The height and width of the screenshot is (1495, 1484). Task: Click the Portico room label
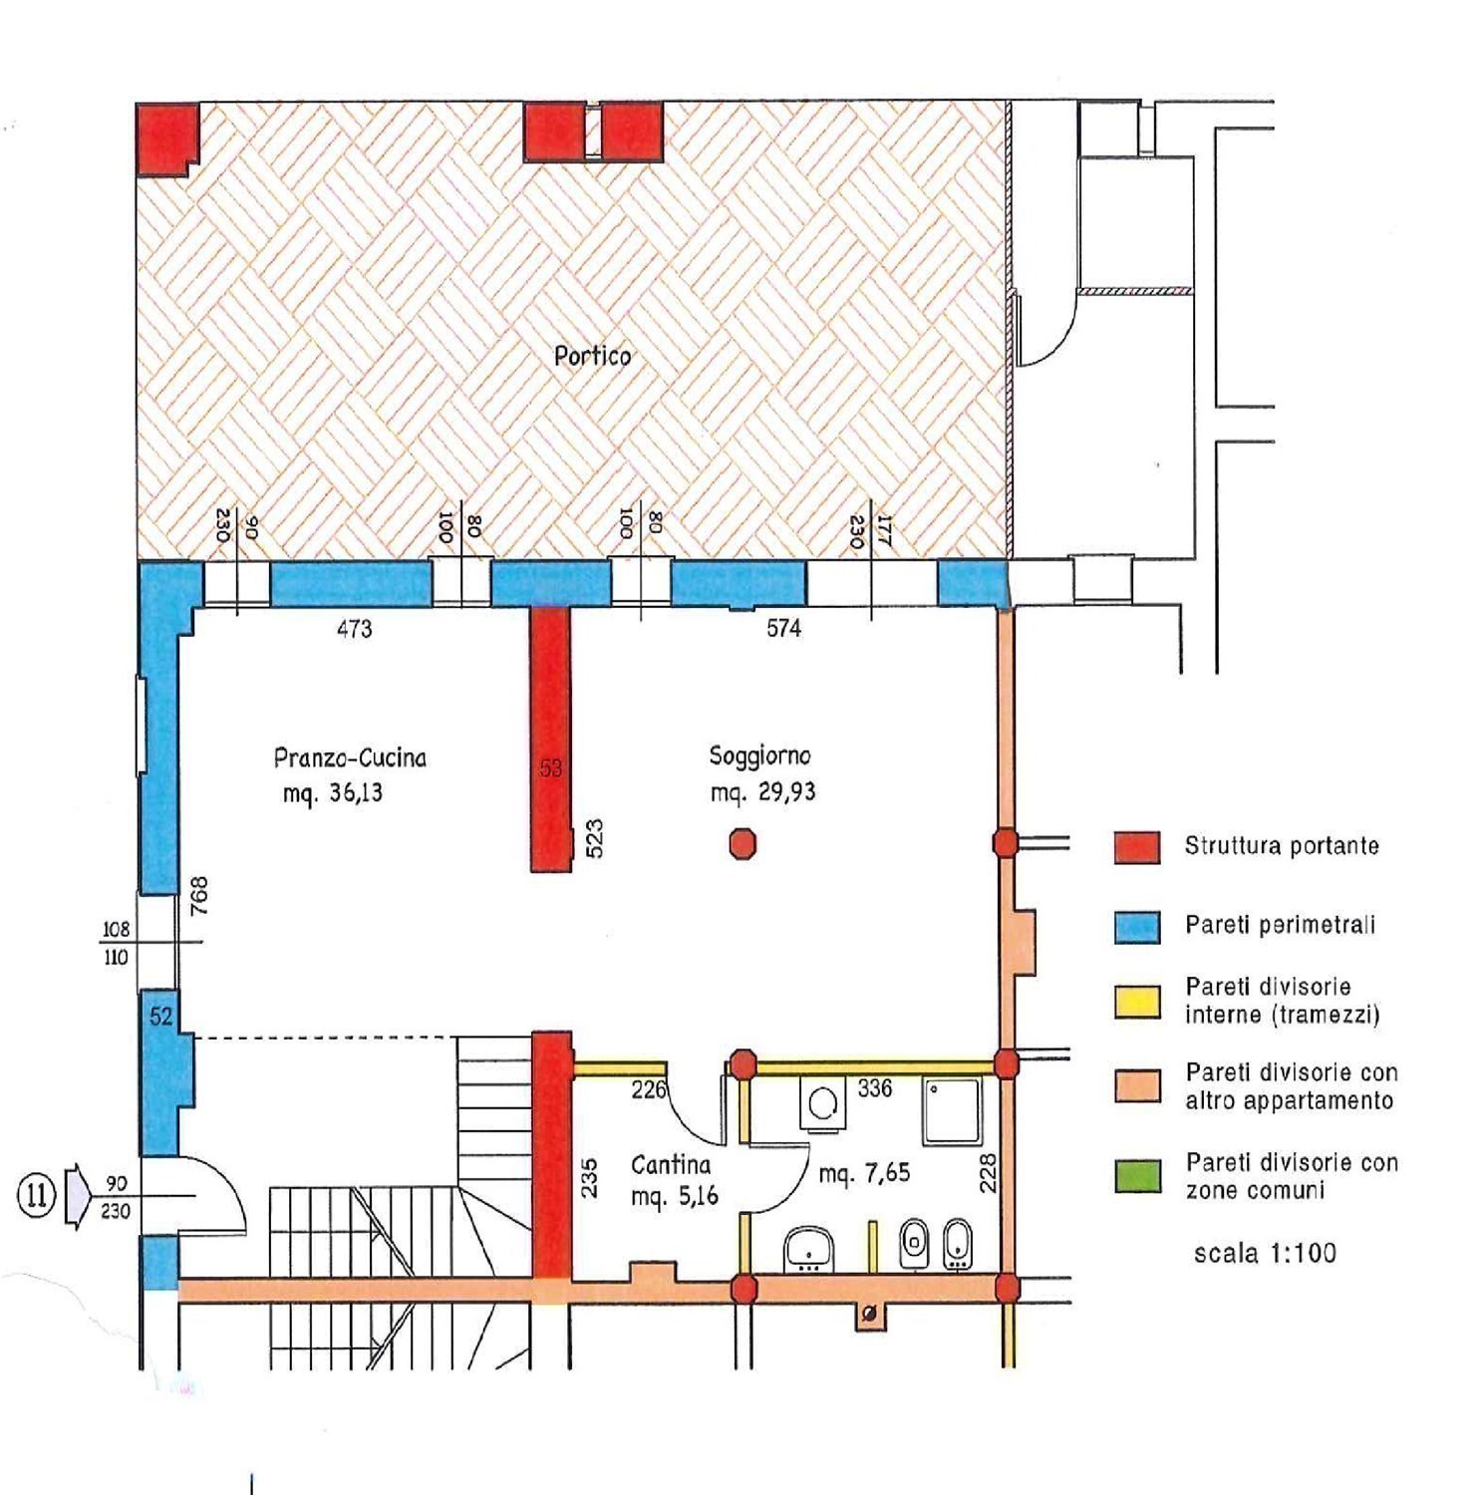click(x=592, y=356)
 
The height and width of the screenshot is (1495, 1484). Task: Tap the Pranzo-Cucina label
click(x=350, y=757)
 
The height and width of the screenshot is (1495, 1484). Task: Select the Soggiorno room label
click(x=759, y=756)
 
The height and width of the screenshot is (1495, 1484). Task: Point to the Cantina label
click(x=671, y=1164)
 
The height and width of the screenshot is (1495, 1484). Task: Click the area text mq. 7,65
click(x=864, y=1173)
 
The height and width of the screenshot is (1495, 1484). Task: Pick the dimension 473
click(x=354, y=629)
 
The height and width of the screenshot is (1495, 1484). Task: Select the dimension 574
click(x=783, y=628)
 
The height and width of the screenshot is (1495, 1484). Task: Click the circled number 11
click(x=37, y=1194)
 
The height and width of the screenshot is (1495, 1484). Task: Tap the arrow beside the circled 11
click(x=77, y=1196)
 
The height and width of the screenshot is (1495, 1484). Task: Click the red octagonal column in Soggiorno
click(x=742, y=844)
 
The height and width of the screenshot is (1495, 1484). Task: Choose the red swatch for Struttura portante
click(x=1137, y=847)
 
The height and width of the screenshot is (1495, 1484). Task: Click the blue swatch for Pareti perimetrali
click(x=1137, y=927)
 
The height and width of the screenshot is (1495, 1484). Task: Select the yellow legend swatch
click(x=1137, y=1002)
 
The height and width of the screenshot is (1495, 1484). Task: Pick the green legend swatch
click(x=1137, y=1176)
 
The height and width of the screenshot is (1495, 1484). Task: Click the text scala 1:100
click(x=1265, y=1253)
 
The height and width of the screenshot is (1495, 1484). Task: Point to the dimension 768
click(x=199, y=895)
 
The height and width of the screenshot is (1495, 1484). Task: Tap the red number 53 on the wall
click(x=551, y=768)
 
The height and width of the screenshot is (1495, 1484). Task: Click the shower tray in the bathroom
click(x=952, y=1110)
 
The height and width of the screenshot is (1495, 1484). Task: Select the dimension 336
click(x=874, y=1088)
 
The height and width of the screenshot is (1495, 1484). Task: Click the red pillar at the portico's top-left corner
click(x=166, y=139)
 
